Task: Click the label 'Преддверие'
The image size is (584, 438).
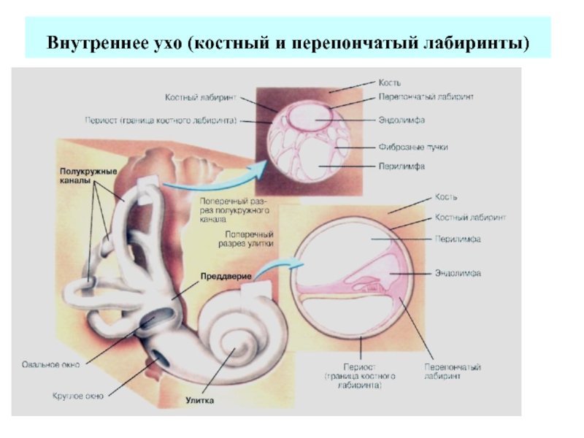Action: (227, 277)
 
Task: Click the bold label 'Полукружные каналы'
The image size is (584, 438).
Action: (88, 175)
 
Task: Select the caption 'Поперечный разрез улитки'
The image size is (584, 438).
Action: (243, 237)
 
